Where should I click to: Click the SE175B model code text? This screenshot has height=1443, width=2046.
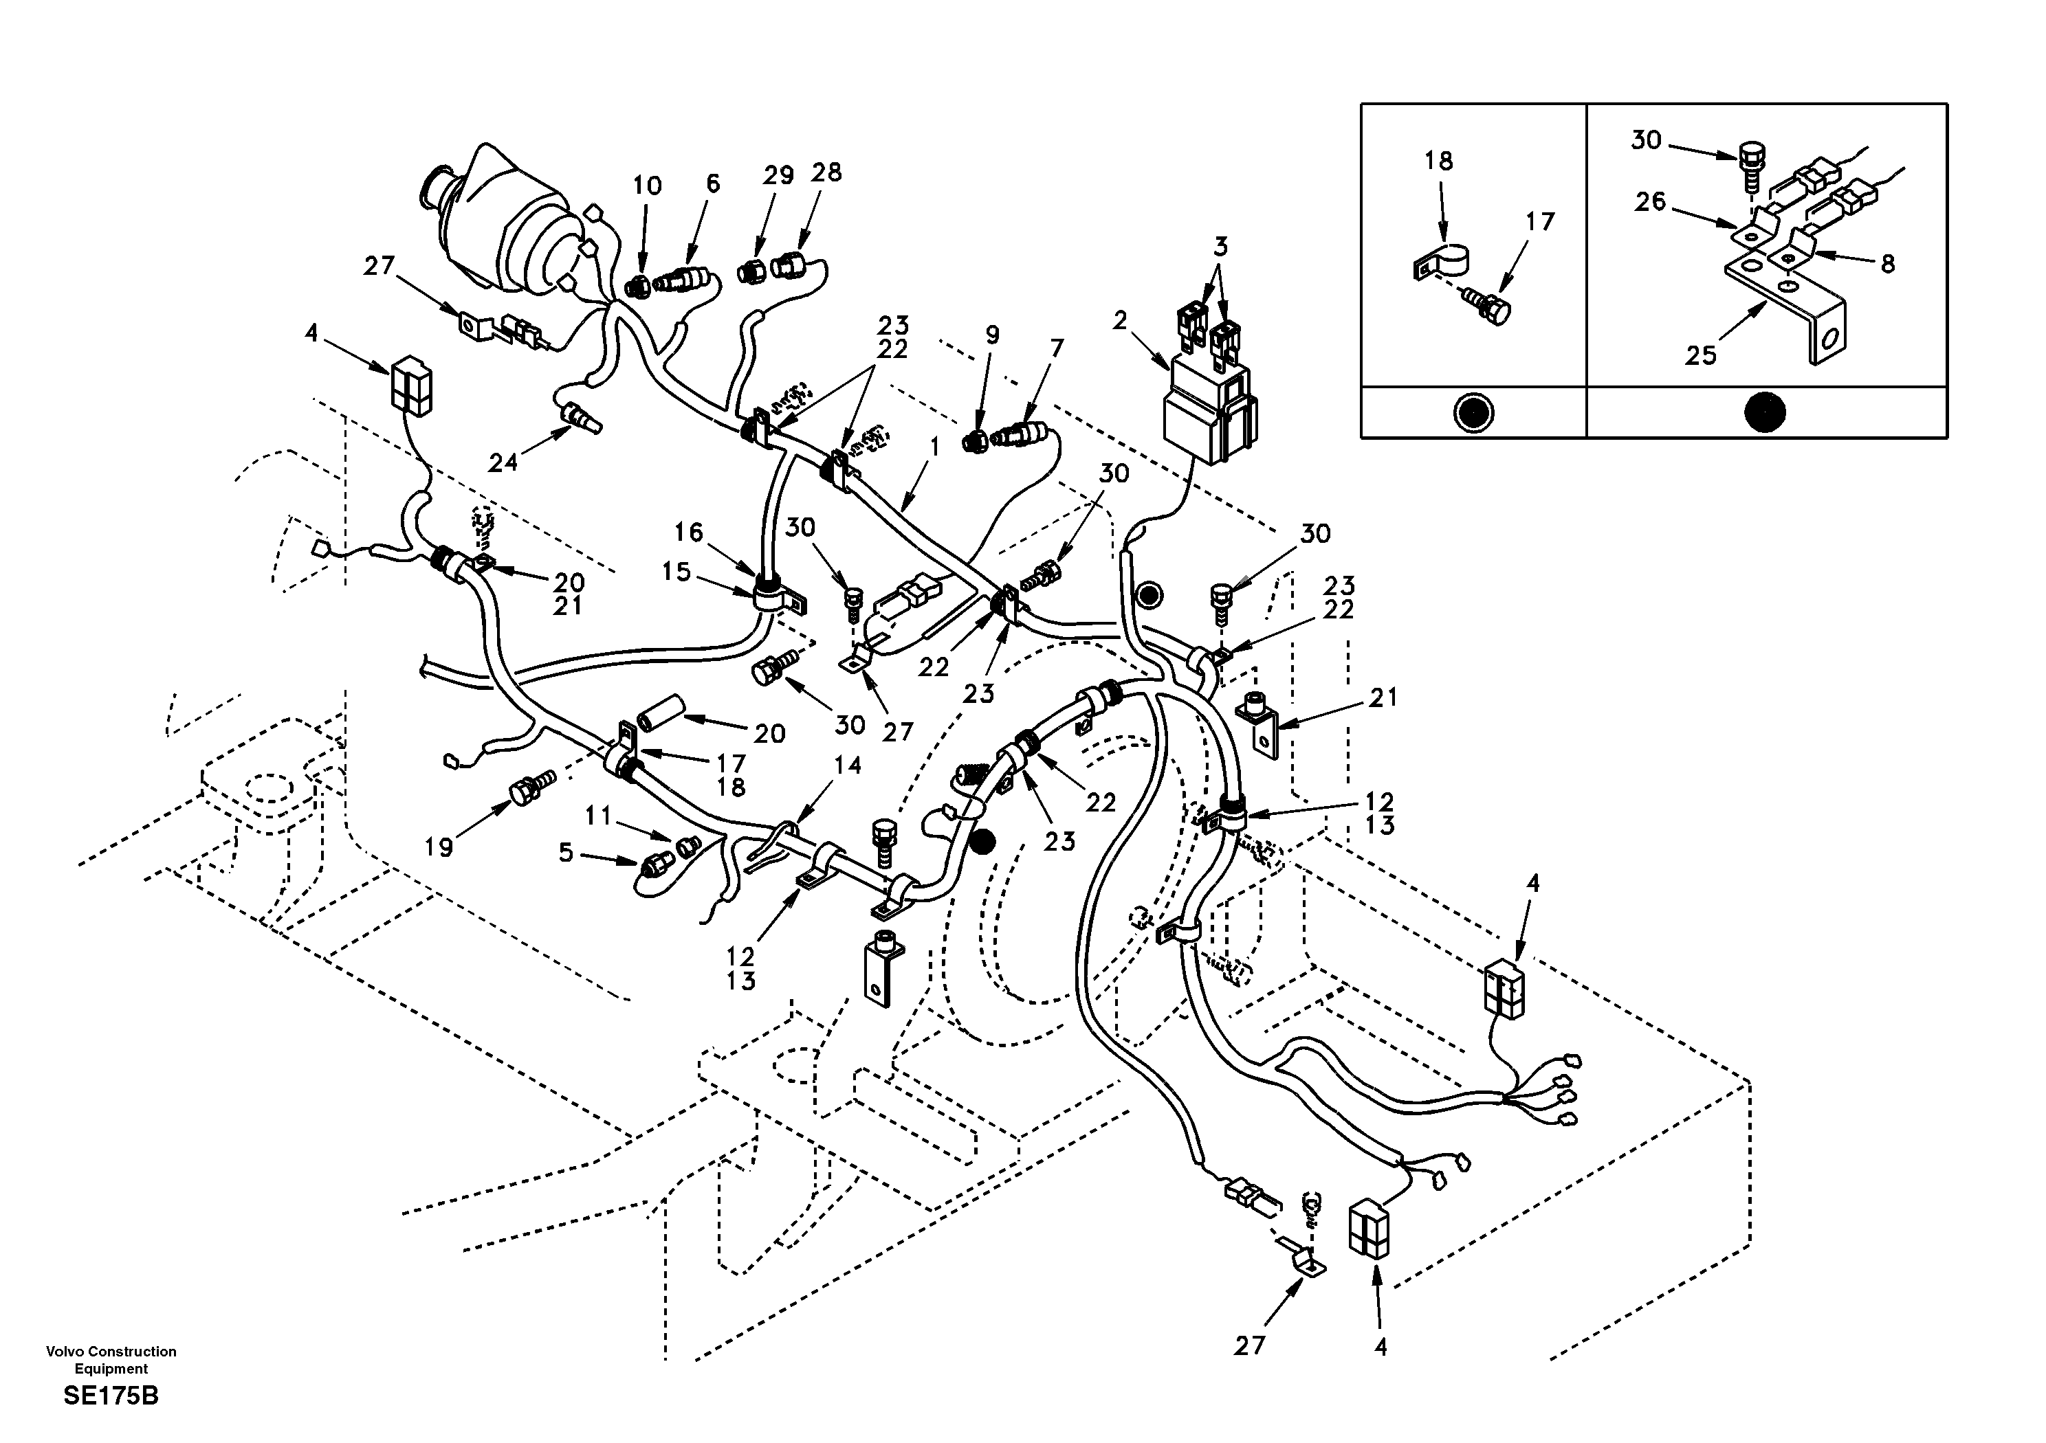pyautogui.click(x=111, y=1396)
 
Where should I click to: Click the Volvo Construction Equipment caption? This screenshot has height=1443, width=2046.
pyautogui.click(x=111, y=1359)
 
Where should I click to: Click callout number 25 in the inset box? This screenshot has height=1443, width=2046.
pyautogui.click(x=1700, y=355)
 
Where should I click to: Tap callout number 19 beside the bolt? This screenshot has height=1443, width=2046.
pyautogui.click(x=439, y=846)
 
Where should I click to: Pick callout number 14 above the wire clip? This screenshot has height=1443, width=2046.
pyautogui.click(x=848, y=765)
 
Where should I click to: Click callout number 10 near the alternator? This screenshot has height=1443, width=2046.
pyautogui.click(x=647, y=186)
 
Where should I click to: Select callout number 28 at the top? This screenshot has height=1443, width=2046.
pyautogui.click(x=826, y=172)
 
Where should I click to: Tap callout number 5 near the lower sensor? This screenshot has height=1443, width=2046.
pyautogui.click(x=566, y=853)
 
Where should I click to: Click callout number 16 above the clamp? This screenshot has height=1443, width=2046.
pyautogui.click(x=688, y=533)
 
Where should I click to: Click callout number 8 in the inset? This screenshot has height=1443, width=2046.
pyautogui.click(x=1887, y=264)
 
